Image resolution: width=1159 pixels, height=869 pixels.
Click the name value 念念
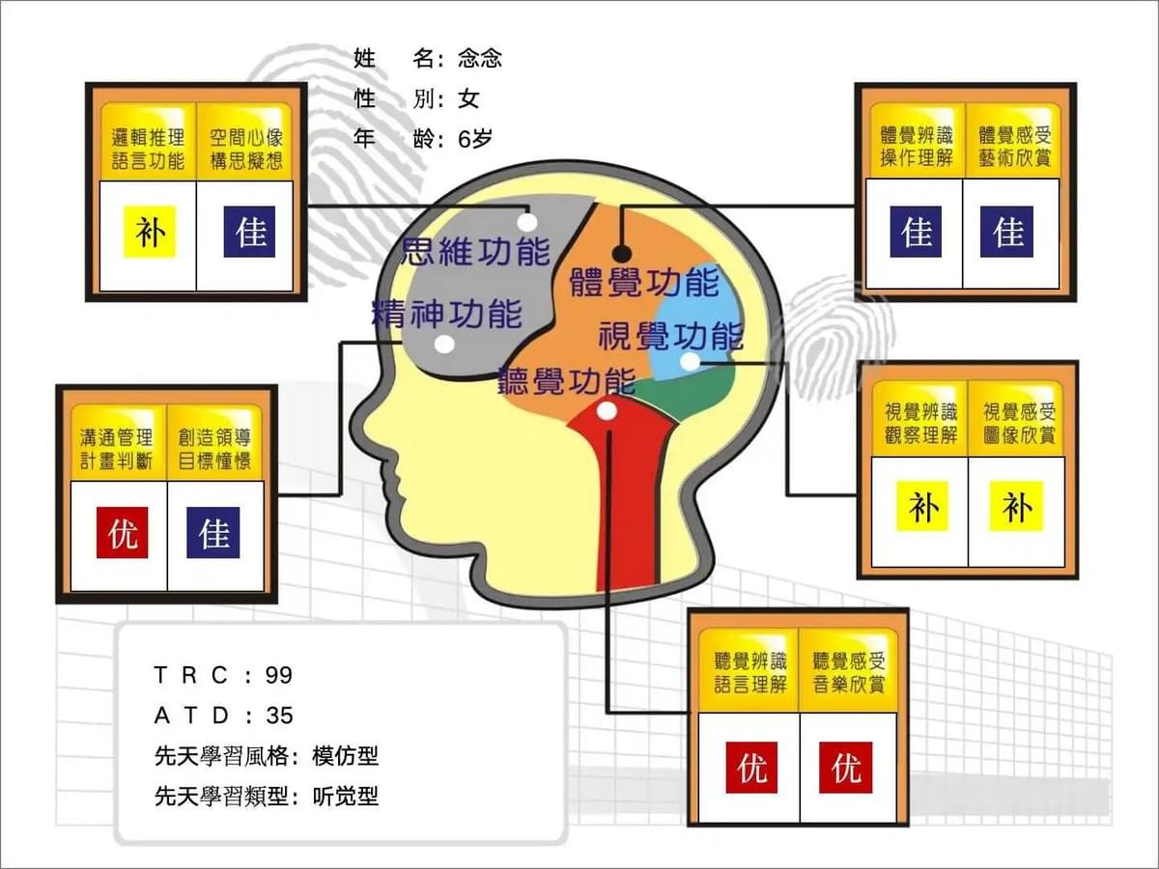tap(479, 59)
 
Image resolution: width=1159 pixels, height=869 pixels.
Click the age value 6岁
tap(475, 139)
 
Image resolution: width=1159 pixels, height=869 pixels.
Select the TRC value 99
tap(279, 675)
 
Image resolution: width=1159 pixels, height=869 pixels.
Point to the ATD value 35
tap(279, 716)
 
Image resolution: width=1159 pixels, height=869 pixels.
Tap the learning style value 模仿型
tap(346, 756)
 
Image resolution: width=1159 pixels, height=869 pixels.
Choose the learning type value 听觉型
tap(346, 797)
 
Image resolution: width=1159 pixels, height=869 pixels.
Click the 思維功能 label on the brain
tap(476, 252)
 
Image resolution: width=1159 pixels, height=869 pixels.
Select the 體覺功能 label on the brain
tap(645, 282)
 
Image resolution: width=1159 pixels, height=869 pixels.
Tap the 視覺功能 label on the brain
tap(671, 336)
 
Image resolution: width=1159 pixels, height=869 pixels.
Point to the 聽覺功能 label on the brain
tap(567, 381)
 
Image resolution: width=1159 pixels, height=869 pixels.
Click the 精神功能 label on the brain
tap(447, 314)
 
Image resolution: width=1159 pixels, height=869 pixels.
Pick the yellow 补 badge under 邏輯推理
tap(150, 232)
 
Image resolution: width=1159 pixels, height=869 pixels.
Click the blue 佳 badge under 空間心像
tap(250, 232)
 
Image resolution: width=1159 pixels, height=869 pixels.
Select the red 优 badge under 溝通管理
tap(122, 532)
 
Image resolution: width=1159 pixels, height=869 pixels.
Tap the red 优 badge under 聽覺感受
tap(846, 768)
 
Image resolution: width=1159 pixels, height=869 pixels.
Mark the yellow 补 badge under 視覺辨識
tap(923, 507)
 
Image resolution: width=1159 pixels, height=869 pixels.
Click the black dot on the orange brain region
tap(622, 254)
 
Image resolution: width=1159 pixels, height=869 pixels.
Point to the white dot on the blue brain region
tap(690, 362)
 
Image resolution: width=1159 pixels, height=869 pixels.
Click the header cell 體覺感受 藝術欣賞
tap(1014, 140)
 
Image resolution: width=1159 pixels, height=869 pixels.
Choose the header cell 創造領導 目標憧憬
tap(214, 443)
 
